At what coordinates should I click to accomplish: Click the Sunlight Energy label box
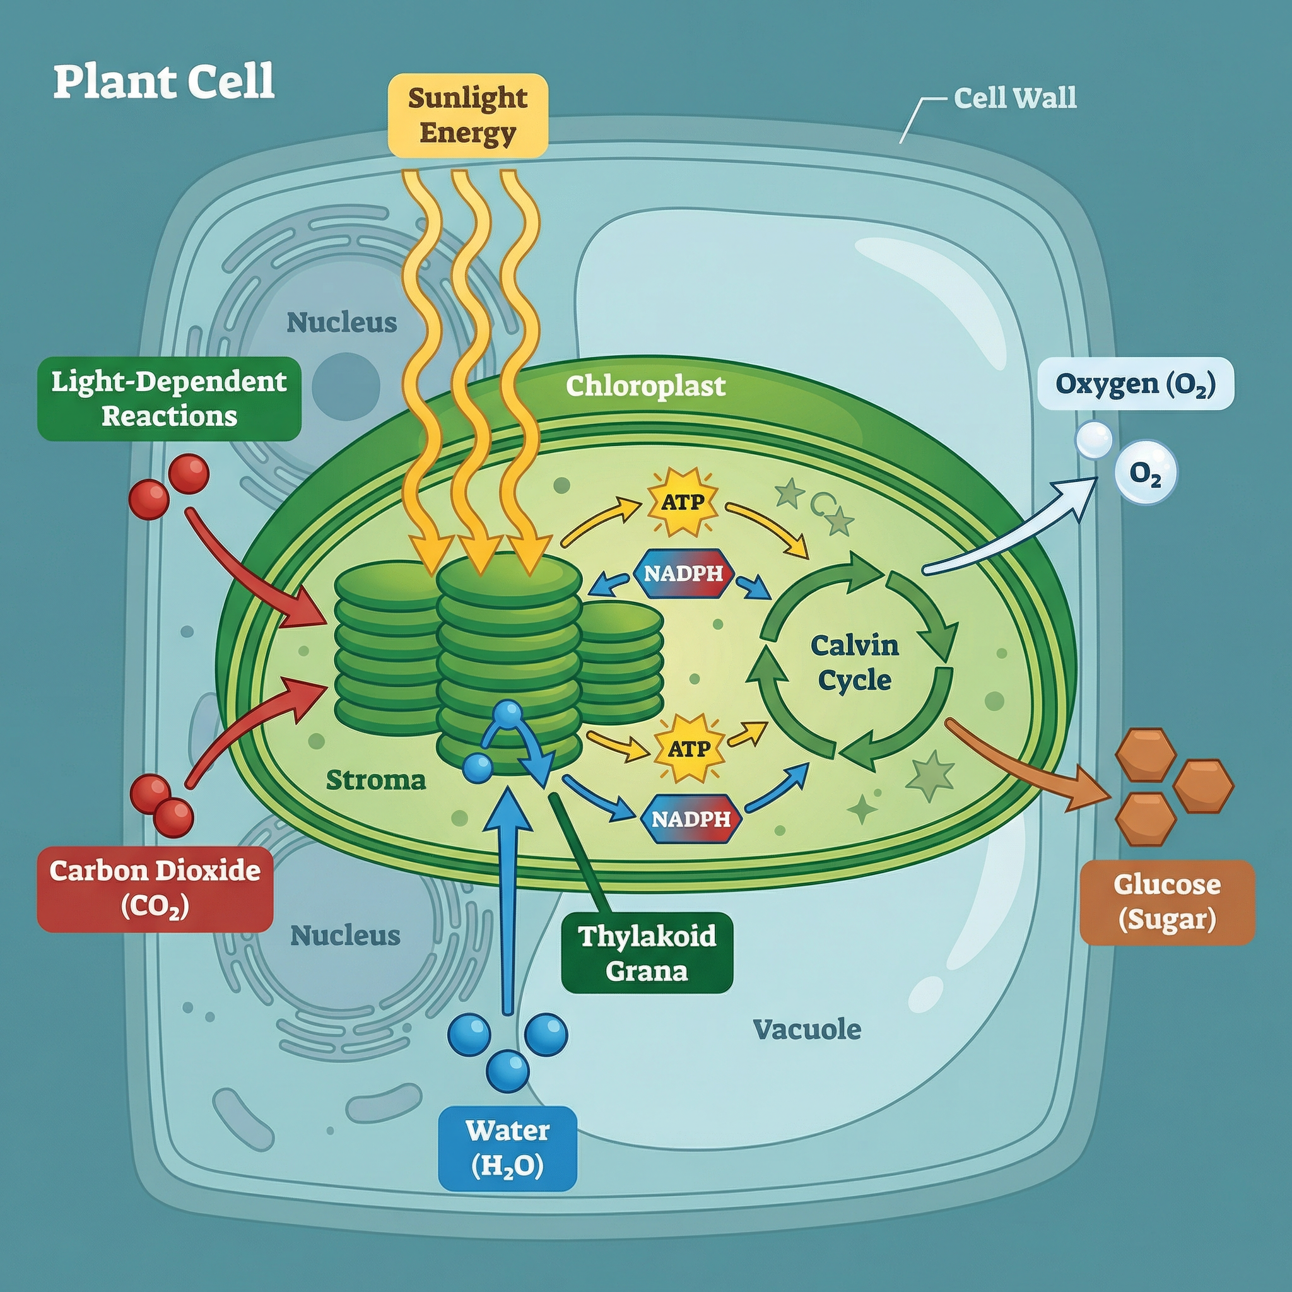(x=467, y=115)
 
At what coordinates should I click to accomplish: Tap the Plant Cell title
(x=164, y=81)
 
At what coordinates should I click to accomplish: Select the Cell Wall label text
(x=1014, y=98)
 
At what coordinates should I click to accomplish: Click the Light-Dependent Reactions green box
(x=169, y=399)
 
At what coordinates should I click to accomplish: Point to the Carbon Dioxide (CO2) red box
(x=155, y=889)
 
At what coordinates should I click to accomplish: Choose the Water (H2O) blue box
(x=508, y=1148)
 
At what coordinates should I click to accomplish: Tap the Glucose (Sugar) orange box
(x=1167, y=902)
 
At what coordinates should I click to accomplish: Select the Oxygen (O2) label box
(x=1135, y=384)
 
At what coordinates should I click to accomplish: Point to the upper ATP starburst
(x=682, y=502)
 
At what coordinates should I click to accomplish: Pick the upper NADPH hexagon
(x=683, y=573)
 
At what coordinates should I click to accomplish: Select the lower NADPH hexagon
(x=691, y=818)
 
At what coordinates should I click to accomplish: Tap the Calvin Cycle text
(x=854, y=663)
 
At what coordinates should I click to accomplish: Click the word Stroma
(x=376, y=780)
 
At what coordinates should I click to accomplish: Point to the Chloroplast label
(x=645, y=386)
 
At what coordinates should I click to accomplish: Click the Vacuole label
(x=806, y=1029)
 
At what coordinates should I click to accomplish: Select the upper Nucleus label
(x=342, y=322)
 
